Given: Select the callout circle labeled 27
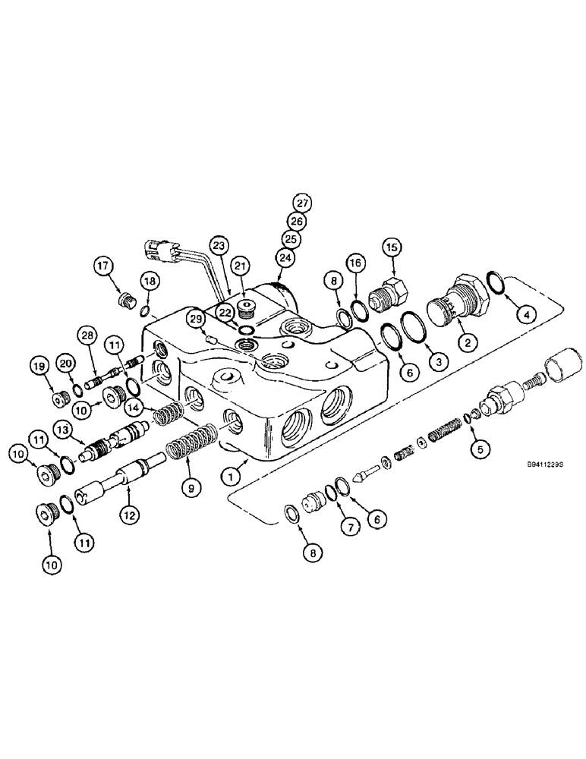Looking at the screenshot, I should (x=303, y=204).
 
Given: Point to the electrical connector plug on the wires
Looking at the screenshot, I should (x=163, y=247).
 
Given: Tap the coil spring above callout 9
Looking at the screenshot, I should (x=192, y=445).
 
